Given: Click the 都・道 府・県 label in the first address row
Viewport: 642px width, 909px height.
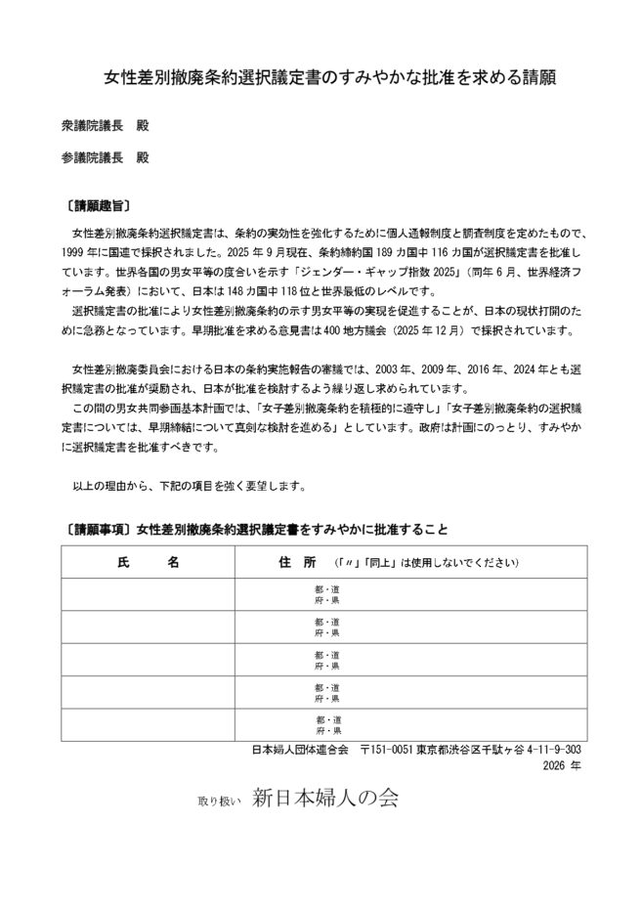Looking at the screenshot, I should point(327,594).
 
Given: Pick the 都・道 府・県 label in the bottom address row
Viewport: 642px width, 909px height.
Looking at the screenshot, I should point(327,725).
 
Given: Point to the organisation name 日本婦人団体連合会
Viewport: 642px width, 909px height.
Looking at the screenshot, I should point(300,750).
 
